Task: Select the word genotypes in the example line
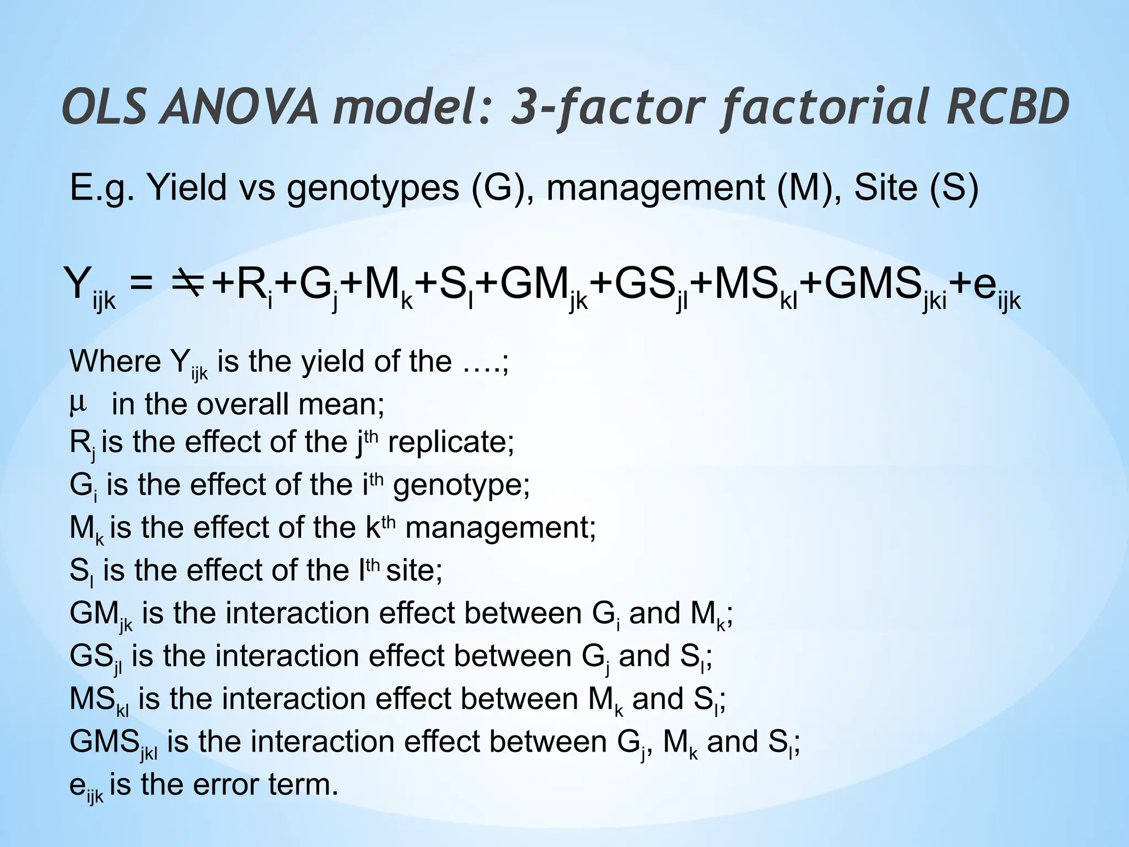coord(373,188)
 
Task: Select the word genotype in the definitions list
coord(461,485)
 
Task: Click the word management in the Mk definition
coord(500,528)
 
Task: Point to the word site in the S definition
coord(414,571)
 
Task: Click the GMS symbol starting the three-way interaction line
coord(104,742)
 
